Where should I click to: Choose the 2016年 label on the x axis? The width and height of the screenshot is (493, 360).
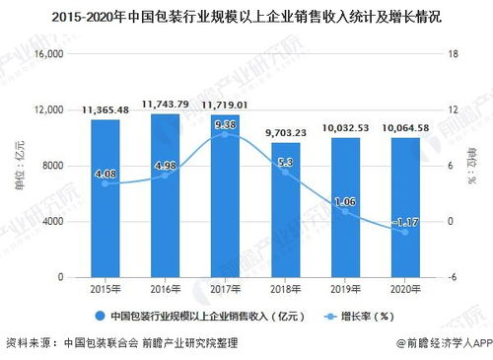(x=164, y=290)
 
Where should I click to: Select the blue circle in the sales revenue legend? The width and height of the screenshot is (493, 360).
(x=99, y=317)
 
